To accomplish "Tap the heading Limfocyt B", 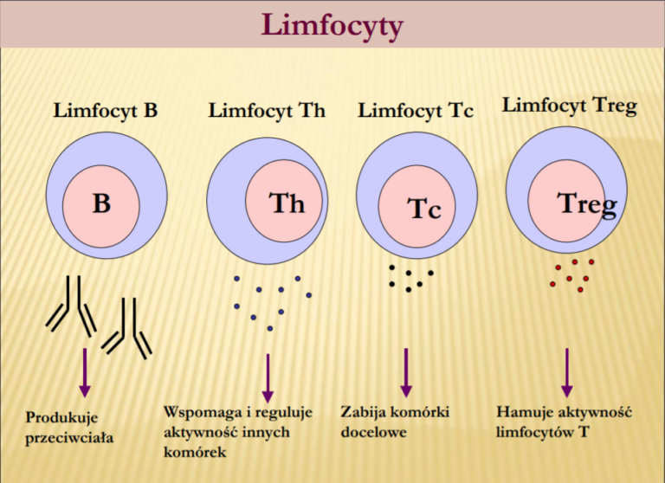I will pyautogui.click(x=105, y=111).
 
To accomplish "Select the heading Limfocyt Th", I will pyautogui.click(x=267, y=111).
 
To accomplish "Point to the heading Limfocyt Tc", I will pyautogui.click(x=416, y=111).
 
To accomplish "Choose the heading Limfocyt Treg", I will pyautogui.click(x=569, y=106).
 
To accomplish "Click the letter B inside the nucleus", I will pyautogui.click(x=102, y=204).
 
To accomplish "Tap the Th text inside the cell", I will pyautogui.click(x=287, y=203).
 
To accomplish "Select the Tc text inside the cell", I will pyautogui.click(x=424, y=209).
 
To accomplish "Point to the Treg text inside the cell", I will pyautogui.click(x=587, y=203).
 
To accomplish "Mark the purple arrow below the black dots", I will pyautogui.click(x=405, y=373).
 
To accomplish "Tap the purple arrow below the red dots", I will pyautogui.click(x=567, y=373).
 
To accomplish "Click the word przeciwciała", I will pyautogui.click(x=69, y=437).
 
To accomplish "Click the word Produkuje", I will pyautogui.click(x=61, y=416).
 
